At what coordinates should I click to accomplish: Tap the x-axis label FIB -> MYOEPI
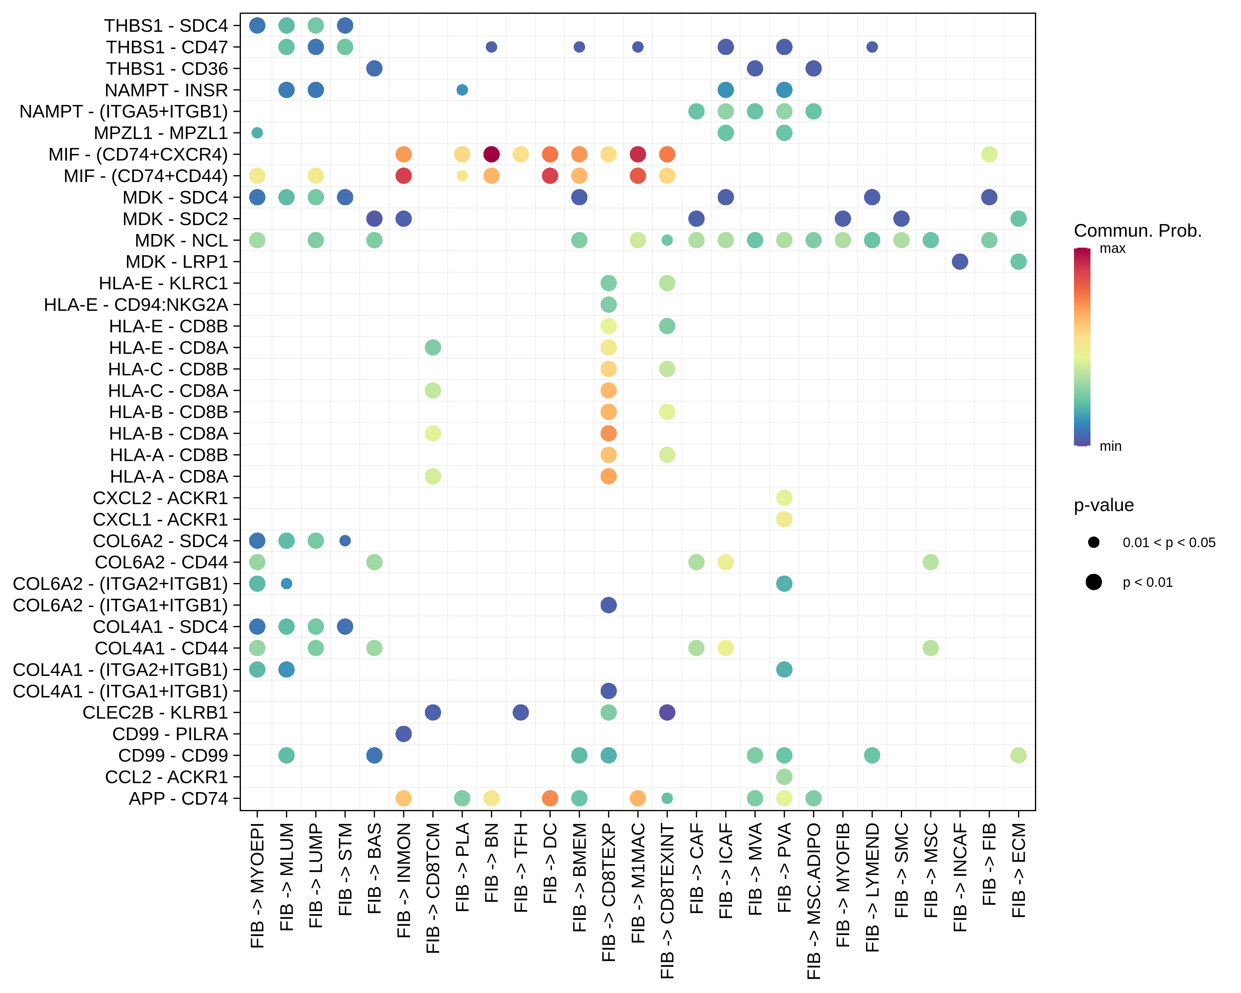[x=257, y=885]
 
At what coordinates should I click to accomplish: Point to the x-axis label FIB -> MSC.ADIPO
[x=813, y=901]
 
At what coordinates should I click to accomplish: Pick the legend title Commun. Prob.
[x=1137, y=231]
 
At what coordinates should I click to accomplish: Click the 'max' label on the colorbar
[x=1112, y=249]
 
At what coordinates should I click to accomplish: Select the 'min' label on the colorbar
[x=1110, y=446]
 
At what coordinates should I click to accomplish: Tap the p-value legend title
[x=1103, y=505]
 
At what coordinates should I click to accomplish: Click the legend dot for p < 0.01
[x=1094, y=582]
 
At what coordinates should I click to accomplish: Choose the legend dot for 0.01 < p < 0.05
[x=1094, y=542]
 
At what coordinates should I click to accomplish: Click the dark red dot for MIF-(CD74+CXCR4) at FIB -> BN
[x=491, y=154]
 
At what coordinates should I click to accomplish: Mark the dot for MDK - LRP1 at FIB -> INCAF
[x=959, y=261]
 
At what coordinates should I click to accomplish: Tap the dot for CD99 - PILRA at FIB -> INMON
[x=403, y=734]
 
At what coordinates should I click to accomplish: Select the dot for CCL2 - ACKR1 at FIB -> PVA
[x=784, y=777]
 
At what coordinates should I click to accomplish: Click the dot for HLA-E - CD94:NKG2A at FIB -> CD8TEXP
[x=608, y=305]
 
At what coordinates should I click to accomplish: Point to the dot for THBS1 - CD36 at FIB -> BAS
[x=374, y=69]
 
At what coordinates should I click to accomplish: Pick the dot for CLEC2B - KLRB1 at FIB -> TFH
[x=520, y=712]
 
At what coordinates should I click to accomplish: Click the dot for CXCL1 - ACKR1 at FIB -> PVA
[x=784, y=519]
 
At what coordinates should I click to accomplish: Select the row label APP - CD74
[x=178, y=798]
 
